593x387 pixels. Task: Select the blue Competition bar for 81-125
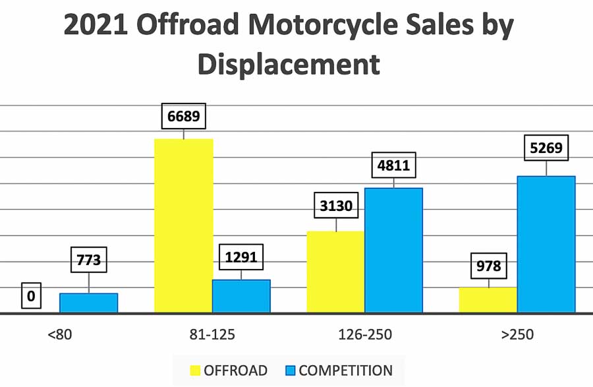(x=241, y=296)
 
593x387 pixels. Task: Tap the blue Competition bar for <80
(x=89, y=303)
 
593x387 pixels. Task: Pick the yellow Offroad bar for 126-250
(x=336, y=272)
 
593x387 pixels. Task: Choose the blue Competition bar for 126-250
(x=393, y=250)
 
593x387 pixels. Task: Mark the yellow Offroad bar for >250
(x=488, y=300)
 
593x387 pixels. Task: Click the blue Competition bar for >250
(x=546, y=244)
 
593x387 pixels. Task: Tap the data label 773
(x=89, y=260)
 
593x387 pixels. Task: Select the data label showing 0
(x=31, y=296)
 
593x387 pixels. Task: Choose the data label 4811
(x=393, y=165)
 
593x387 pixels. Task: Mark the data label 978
(x=488, y=266)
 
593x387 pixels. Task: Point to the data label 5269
(x=546, y=148)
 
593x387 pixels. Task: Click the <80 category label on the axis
(x=60, y=334)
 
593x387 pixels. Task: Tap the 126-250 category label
(x=365, y=334)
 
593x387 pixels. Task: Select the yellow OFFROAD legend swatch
(x=195, y=371)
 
